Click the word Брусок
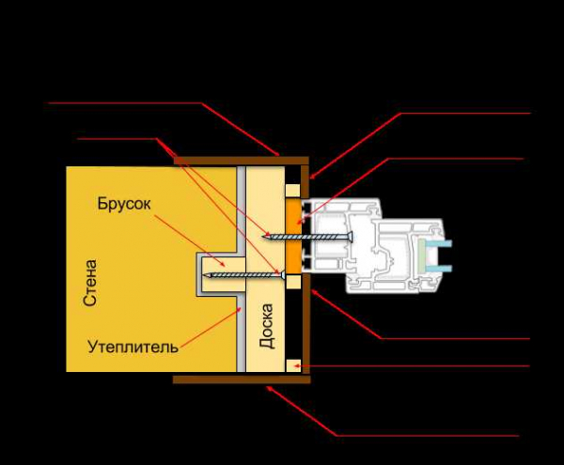click(x=124, y=204)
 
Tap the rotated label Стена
click(x=90, y=283)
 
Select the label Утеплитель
click(x=133, y=347)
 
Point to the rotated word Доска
click(x=267, y=326)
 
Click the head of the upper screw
click(x=351, y=237)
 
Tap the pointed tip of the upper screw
click(x=264, y=236)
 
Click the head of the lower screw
click(x=284, y=275)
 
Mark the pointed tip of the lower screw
click(x=205, y=275)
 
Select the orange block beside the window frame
click(x=293, y=236)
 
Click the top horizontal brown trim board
click(x=241, y=161)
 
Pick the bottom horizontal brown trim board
click(x=242, y=380)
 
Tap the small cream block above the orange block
click(x=293, y=191)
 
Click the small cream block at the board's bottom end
click(x=293, y=365)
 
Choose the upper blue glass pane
click(x=439, y=243)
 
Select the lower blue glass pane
click(x=439, y=268)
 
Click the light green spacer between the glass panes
click(x=422, y=256)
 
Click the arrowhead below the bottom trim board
click(x=269, y=389)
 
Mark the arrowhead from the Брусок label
click(x=224, y=264)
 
